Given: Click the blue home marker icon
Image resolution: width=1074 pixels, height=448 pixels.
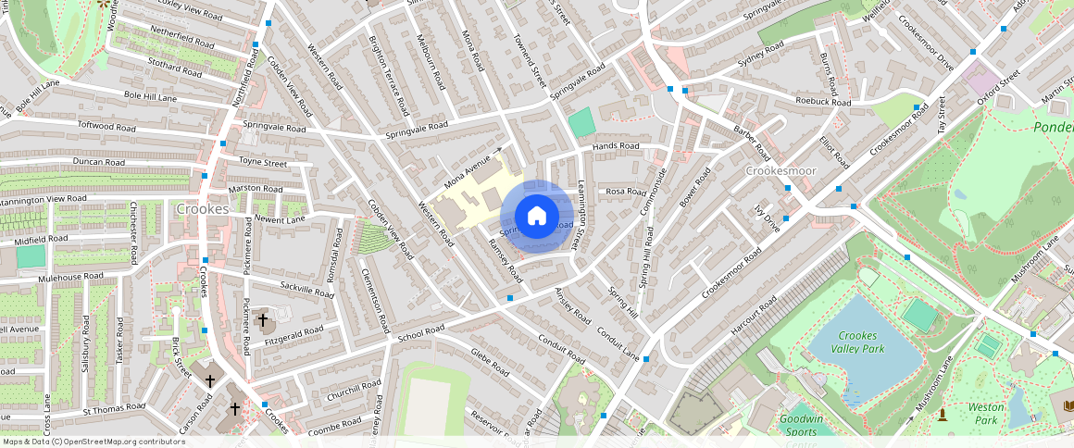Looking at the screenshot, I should pyautogui.click(x=536, y=217).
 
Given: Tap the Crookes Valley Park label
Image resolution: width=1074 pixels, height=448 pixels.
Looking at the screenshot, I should pyautogui.click(x=860, y=342).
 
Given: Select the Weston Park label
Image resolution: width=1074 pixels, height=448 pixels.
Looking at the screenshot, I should pyautogui.click(x=985, y=413).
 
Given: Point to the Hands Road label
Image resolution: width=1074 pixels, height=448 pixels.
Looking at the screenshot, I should pyautogui.click(x=616, y=146).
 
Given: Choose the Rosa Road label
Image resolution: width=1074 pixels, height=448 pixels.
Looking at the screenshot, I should pyautogui.click(x=625, y=192).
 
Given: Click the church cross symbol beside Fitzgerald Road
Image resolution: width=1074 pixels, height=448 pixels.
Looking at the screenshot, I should pyautogui.click(x=263, y=320).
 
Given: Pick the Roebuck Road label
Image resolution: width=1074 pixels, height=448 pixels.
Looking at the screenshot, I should pyautogui.click(x=822, y=101).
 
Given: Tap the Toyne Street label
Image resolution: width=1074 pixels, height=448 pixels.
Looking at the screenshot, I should pyautogui.click(x=263, y=162).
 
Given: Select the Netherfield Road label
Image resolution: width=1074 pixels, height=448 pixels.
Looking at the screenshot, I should pyautogui.click(x=183, y=41).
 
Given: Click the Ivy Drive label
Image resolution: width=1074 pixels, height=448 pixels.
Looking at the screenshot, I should pyautogui.click(x=768, y=218).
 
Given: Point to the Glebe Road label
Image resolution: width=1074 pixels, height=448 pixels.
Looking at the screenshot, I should pyautogui.click(x=490, y=364).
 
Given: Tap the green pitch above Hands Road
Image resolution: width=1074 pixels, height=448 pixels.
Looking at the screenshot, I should pyautogui.click(x=581, y=121).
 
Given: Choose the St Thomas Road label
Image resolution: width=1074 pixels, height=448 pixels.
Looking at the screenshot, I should pyautogui.click(x=114, y=407).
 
